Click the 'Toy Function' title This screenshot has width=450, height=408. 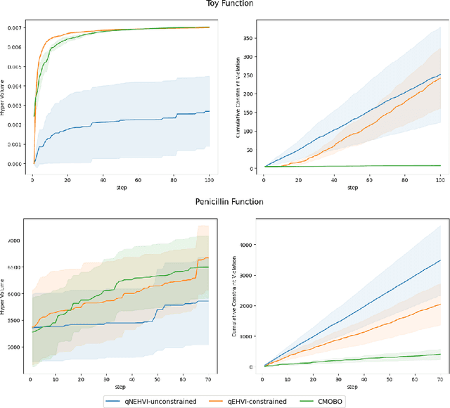[224, 4]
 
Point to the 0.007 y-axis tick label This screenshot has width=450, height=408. [13, 27]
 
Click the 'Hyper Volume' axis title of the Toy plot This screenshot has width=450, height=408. [4, 95]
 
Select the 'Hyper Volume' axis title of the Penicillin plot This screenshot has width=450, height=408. [4, 299]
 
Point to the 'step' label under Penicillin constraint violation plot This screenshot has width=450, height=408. [349, 388]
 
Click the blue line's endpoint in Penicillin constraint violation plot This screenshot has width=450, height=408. [439, 260]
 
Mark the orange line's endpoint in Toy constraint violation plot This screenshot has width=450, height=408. [439, 78]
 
